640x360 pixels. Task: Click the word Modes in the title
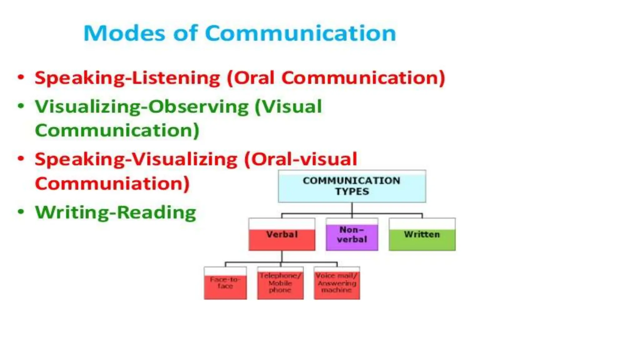click(x=124, y=33)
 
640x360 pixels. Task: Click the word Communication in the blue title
click(x=300, y=33)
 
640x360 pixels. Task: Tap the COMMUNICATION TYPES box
click(x=352, y=186)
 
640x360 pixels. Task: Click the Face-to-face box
click(x=225, y=283)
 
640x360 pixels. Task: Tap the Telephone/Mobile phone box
click(x=280, y=283)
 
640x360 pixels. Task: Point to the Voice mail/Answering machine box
click(x=337, y=283)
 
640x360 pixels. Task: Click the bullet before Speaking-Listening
click(x=21, y=77)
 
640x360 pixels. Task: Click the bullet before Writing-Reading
click(x=21, y=212)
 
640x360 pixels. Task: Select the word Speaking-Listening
click(x=127, y=78)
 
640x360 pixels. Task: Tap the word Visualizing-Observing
click(x=142, y=107)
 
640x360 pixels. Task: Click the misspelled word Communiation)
click(x=112, y=183)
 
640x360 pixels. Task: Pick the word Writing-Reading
click(x=116, y=212)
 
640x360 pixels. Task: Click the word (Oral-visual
click(x=301, y=159)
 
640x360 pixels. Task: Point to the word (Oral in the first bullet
click(x=251, y=78)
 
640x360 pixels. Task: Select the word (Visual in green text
click(x=288, y=107)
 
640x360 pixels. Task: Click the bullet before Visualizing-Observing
click(x=21, y=106)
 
